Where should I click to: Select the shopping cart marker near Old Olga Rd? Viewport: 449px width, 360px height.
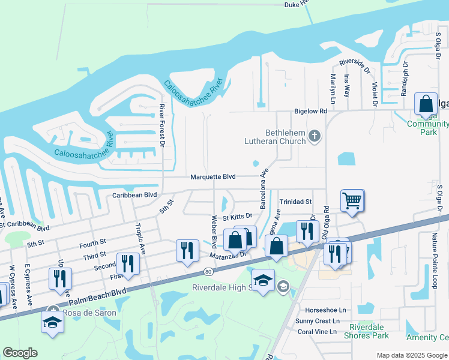(352, 202)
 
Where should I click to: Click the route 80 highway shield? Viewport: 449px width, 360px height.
(208, 272)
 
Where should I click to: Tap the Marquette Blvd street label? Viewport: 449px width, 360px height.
(213, 177)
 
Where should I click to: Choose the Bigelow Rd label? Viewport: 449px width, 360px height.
(310, 111)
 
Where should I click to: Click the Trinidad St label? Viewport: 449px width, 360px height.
(295, 202)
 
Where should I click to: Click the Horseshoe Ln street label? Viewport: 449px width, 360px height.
(325, 310)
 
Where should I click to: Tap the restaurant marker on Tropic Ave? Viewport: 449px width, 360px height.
(128, 263)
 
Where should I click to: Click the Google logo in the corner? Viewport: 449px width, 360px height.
(20, 353)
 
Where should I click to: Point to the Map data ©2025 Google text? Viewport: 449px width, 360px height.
(412, 355)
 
